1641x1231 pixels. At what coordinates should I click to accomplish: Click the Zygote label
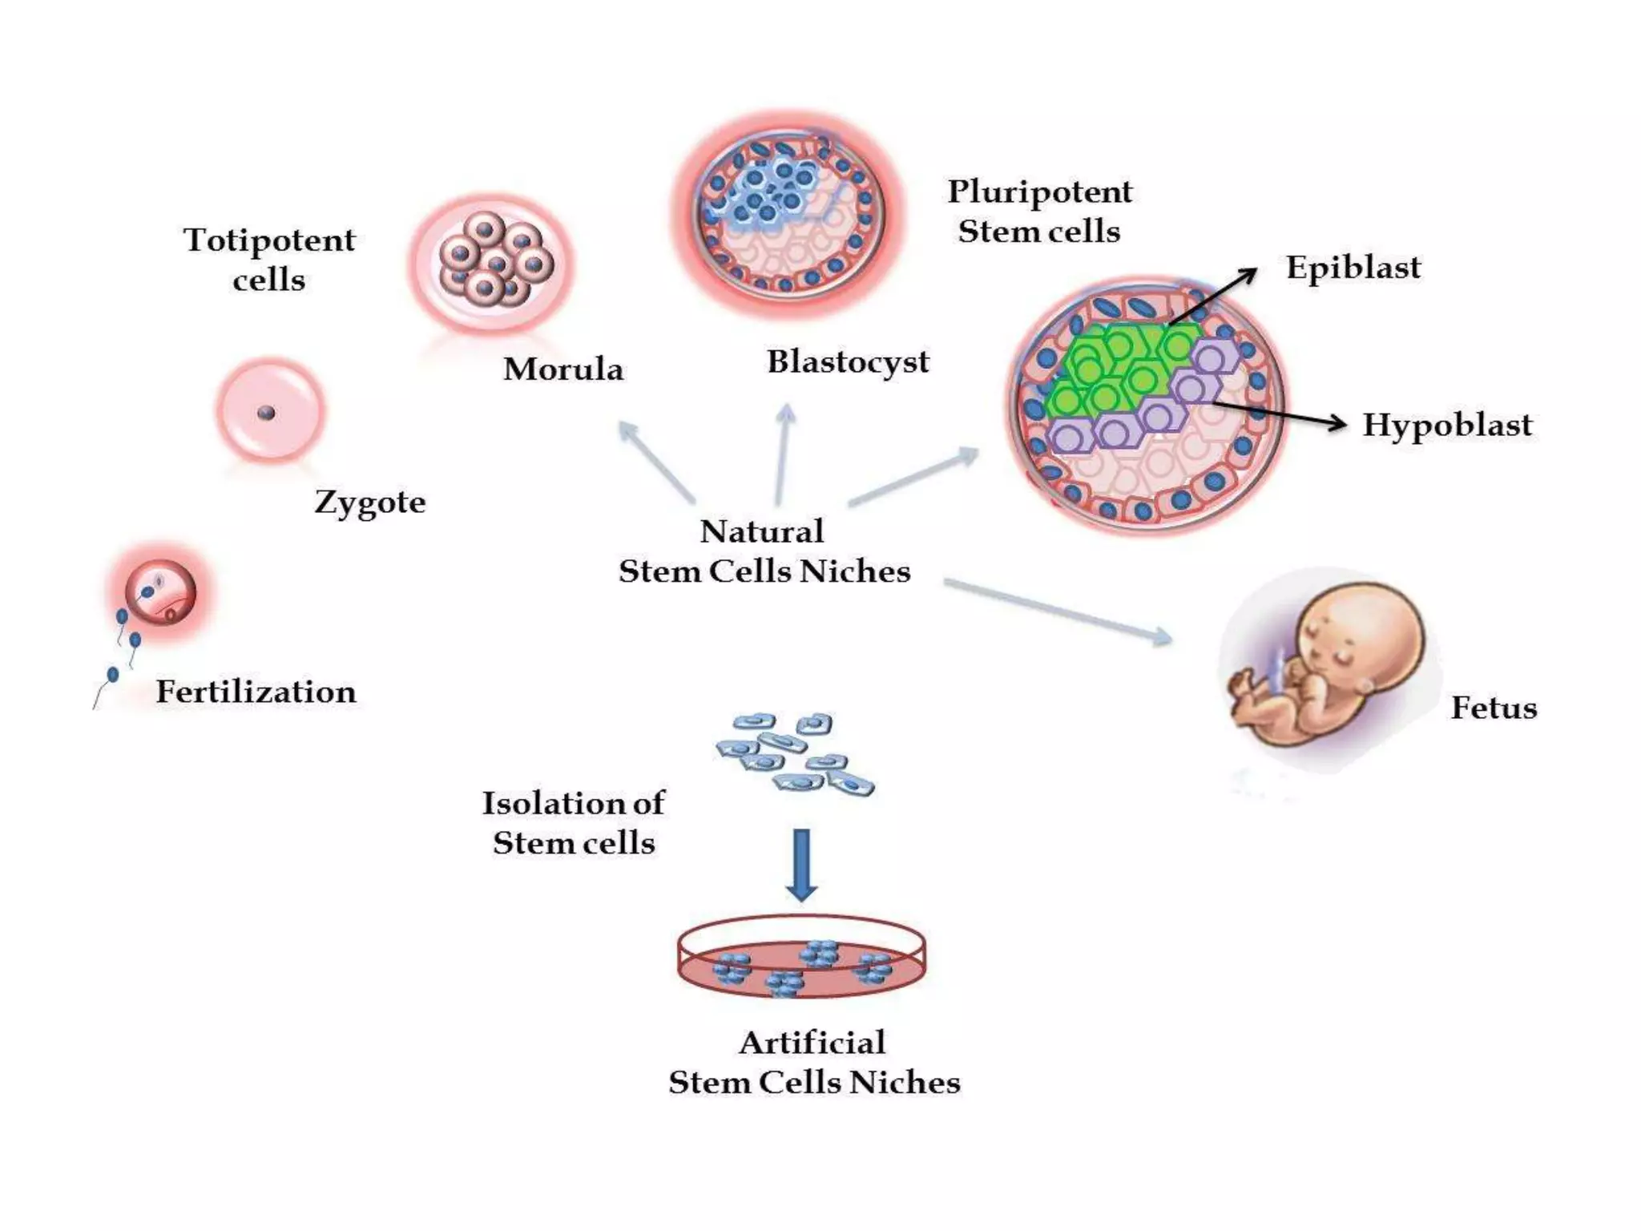tap(370, 502)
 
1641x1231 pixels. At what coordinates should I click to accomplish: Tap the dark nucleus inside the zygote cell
tap(267, 413)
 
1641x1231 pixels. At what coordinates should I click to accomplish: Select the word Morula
tap(563, 369)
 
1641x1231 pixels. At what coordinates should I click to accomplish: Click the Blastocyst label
tap(848, 361)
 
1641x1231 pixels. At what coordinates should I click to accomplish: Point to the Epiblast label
tap(1353, 267)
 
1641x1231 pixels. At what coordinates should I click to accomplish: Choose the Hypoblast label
tap(1447, 424)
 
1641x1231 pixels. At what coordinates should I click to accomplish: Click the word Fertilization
tap(256, 692)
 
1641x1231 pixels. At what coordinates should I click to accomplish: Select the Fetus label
tap(1494, 708)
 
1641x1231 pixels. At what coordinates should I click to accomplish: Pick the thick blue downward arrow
tap(801, 864)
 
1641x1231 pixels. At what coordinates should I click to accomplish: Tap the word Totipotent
tap(269, 240)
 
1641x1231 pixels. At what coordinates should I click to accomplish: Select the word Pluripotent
tap(1040, 192)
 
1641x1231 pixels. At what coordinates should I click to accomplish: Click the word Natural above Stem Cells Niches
tap(761, 531)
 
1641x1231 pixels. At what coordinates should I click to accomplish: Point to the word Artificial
tap(812, 1043)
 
